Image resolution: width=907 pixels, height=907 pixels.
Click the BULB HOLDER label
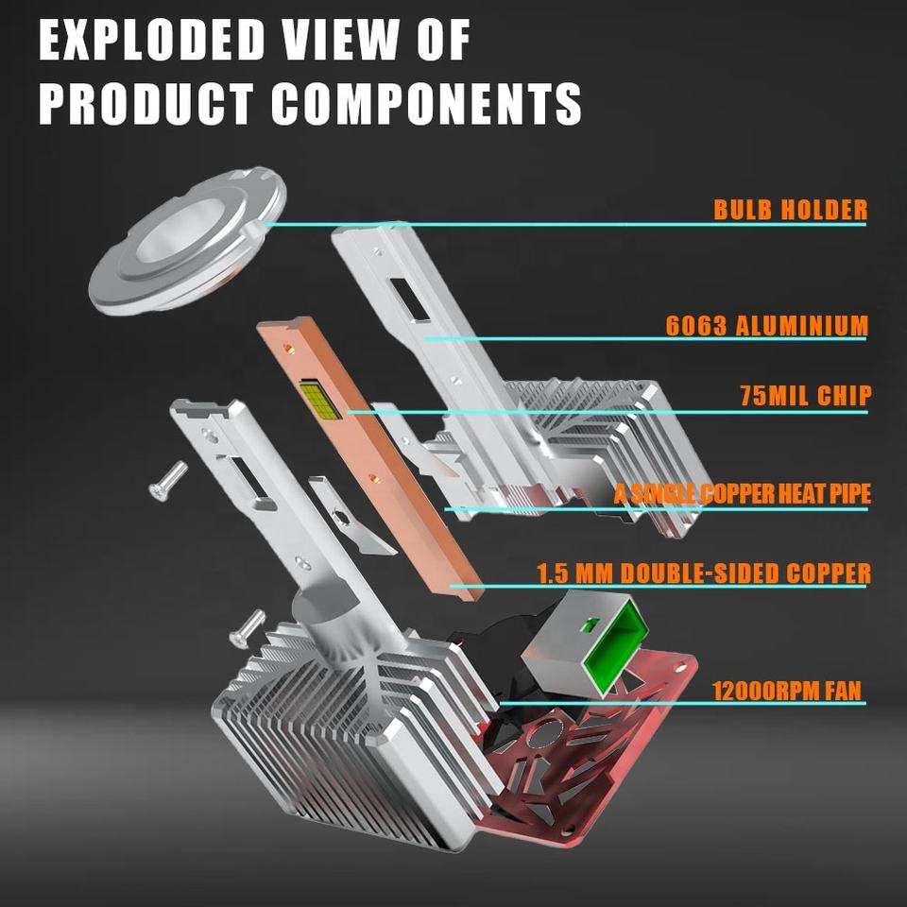click(790, 209)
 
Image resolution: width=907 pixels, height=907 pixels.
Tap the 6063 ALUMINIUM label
click(766, 326)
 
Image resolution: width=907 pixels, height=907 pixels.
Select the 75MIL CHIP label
click(805, 395)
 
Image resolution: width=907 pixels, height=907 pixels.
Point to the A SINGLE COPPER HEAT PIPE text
click(742, 493)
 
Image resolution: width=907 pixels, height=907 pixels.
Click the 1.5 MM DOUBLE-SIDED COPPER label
click(704, 573)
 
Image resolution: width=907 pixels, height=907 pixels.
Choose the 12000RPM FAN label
click(787, 690)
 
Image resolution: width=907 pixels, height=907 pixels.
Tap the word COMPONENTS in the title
click(427, 103)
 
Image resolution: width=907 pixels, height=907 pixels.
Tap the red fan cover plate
click(605, 746)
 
